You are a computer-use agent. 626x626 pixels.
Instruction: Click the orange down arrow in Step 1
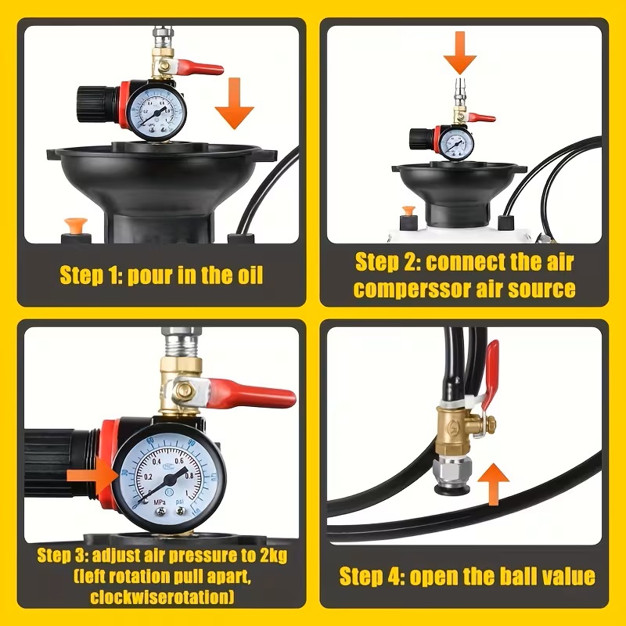(x=234, y=103)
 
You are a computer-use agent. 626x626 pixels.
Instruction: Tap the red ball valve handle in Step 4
(x=490, y=376)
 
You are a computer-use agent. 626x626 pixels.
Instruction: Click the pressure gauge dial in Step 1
(x=156, y=110)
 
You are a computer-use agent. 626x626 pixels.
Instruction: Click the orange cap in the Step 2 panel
(x=408, y=210)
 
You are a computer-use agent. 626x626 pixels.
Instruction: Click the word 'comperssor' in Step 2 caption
(x=412, y=289)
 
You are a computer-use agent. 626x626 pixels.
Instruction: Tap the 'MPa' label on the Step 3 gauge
(x=160, y=502)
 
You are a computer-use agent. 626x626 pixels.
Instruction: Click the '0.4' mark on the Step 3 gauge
(x=156, y=462)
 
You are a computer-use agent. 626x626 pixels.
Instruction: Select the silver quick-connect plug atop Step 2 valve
(x=460, y=91)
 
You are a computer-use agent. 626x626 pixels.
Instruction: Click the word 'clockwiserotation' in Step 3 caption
(x=162, y=597)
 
